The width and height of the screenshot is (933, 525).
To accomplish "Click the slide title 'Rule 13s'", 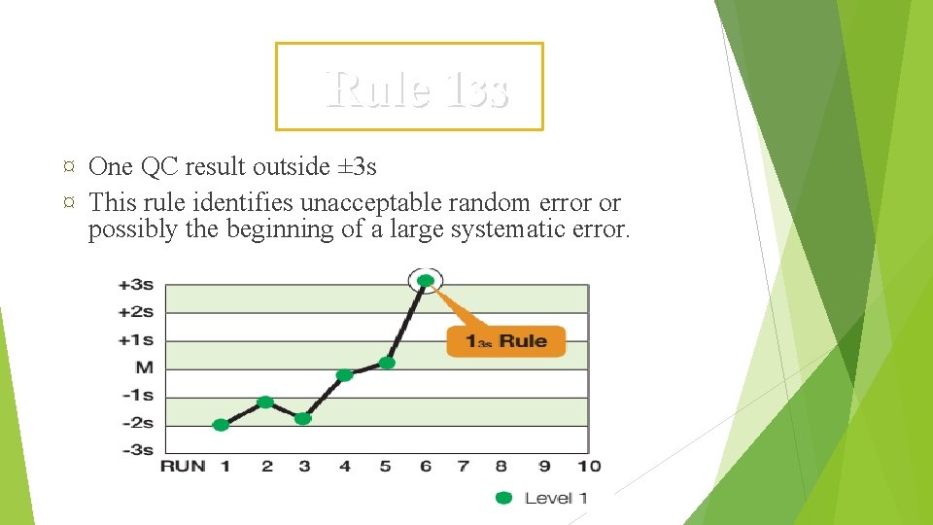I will click(417, 89).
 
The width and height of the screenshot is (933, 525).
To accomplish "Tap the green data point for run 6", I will click(426, 281).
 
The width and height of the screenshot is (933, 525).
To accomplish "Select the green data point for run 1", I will click(222, 425).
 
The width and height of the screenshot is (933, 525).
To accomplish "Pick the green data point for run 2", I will click(265, 402).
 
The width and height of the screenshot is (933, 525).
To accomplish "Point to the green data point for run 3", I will click(303, 418).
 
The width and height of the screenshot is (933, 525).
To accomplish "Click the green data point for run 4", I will click(344, 375).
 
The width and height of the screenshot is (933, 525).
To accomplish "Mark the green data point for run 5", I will click(386, 363).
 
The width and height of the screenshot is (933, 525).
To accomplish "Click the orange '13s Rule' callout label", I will click(505, 341).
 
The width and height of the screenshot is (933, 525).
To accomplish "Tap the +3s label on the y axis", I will click(136, 285).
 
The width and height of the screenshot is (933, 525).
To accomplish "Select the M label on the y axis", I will click(144, 367).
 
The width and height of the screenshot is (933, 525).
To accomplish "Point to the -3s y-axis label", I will click(136, 449).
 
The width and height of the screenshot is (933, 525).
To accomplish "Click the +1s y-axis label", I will click(136, 340).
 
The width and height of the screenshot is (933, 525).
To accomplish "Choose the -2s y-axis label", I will click(136, 423).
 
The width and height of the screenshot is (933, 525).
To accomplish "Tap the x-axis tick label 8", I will click(501, 467).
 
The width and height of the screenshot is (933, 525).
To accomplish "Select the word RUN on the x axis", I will click(183, 467).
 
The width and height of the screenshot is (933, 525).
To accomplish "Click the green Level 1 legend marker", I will click(503, 498).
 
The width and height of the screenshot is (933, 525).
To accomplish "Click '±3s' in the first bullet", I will click(357, 167).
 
